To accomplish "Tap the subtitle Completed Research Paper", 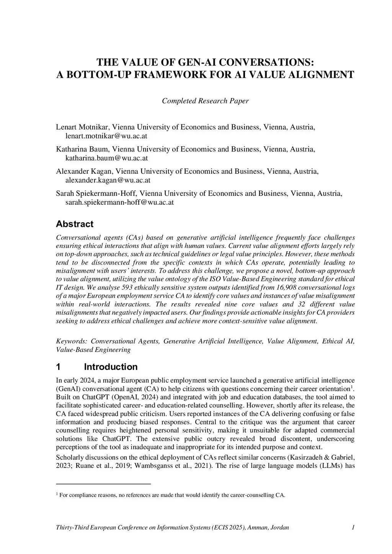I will [205, 101].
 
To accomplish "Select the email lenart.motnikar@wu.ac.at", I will [106, 136].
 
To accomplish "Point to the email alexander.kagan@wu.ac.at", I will [108, 180].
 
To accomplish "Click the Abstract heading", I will [75, 224].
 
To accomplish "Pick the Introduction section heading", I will [111, 367].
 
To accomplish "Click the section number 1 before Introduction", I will [59, 367].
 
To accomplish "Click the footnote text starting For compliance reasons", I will [172, 495].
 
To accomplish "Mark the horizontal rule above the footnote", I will [103, 484].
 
